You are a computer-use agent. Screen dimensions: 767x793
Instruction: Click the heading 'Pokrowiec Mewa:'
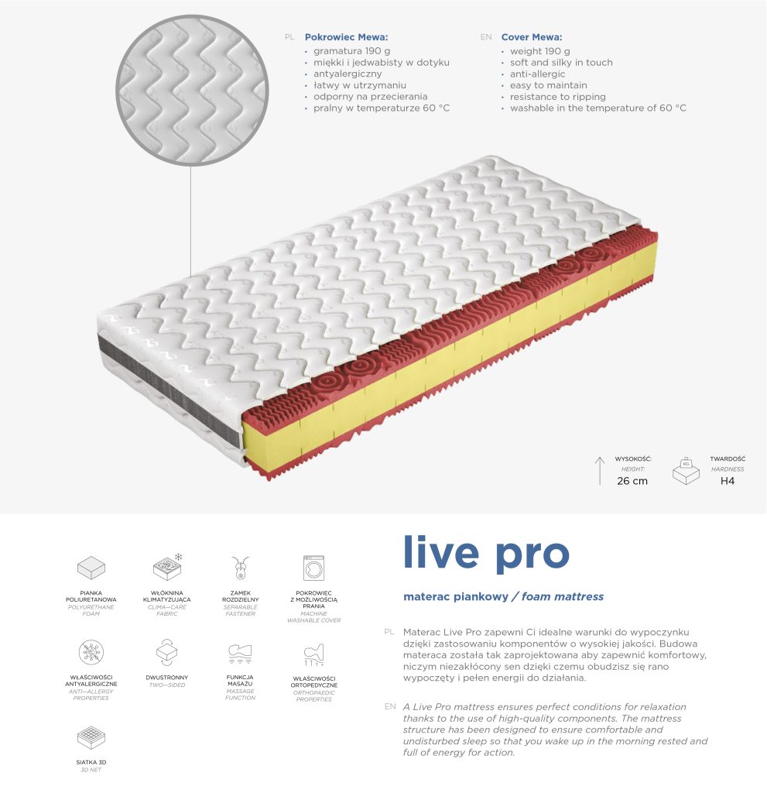point(346,37)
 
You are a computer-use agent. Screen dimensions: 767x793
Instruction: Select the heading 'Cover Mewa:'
point(532,37)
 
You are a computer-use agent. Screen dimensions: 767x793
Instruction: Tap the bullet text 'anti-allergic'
point(537,74)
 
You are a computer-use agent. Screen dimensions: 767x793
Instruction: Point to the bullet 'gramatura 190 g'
point(352,51)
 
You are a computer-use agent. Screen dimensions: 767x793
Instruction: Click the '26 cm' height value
point(632,481)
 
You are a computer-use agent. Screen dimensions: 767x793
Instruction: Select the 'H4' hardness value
point(727,481)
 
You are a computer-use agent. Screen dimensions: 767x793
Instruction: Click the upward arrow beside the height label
point(600,471)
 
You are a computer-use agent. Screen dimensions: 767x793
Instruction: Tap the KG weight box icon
point(686,471)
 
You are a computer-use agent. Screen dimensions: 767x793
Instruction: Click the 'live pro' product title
point(486,553)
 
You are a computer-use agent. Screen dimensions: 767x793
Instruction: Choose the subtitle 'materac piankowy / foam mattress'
point(504,597)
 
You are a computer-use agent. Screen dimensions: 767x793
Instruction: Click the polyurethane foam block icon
point(91,568)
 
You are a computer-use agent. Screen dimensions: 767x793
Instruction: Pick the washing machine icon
point(313,568)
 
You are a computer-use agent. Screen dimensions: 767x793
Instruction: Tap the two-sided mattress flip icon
point(167,653)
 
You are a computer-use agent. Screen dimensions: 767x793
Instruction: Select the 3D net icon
point(91,738)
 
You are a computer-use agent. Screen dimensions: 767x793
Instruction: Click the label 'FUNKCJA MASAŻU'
point(240,680)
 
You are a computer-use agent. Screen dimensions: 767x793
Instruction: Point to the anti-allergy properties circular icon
point(91,652)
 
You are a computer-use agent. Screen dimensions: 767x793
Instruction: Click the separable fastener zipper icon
point(241,568)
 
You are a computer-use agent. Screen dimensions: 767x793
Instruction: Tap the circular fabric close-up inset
point(192,90)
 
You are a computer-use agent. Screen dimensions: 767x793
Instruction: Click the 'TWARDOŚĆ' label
point(728,459)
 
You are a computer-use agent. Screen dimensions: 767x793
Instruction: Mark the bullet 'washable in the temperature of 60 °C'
point(598,108)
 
